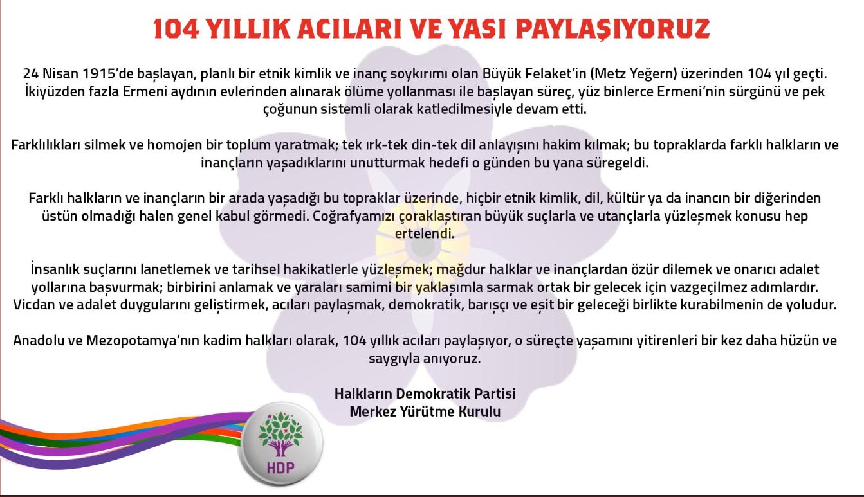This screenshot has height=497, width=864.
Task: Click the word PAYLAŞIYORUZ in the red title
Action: (x=613, y=30)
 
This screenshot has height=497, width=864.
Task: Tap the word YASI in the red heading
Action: (x=475, y=29)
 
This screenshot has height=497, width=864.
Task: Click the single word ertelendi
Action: (x=425, y=234)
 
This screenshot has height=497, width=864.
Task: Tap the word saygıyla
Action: (x=394, y=359)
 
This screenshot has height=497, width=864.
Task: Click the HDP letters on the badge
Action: (x=280, y=467)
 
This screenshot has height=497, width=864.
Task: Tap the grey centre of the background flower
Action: (x=423, y=247)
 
